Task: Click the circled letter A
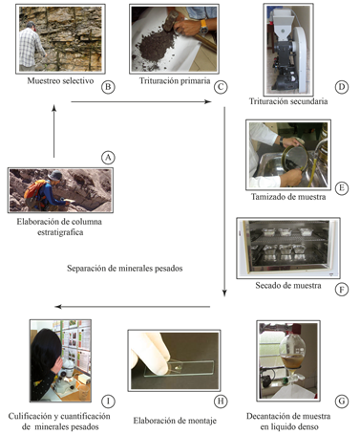108,158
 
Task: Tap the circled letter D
342,87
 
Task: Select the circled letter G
342,401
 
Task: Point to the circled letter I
108,401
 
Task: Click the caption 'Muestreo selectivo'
60,80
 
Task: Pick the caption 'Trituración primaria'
175,80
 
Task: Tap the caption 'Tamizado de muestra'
288,197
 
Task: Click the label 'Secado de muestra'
288,285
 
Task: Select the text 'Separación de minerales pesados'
125,269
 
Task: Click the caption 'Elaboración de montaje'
175,421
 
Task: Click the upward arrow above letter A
54,131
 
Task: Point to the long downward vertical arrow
224,202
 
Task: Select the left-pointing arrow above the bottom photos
133,307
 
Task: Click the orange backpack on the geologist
33,190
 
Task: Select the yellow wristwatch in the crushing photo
203,27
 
